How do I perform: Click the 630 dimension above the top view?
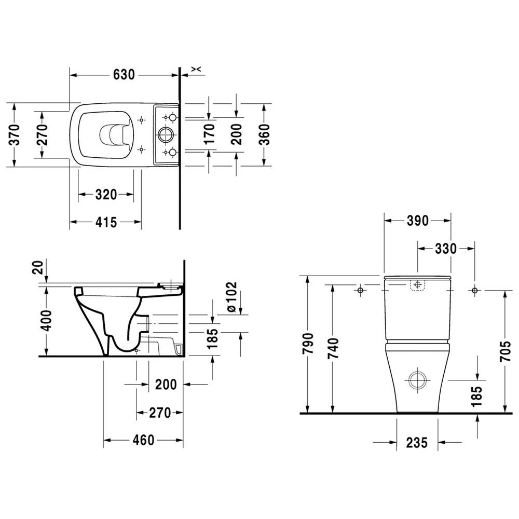124,75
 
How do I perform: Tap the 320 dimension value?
106,195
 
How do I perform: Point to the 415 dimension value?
106,222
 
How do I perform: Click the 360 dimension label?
266,134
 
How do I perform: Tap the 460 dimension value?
143,440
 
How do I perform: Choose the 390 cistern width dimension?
417,221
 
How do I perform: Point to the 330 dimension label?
445,249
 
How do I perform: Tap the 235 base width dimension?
417,442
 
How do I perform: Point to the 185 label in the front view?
477,395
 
